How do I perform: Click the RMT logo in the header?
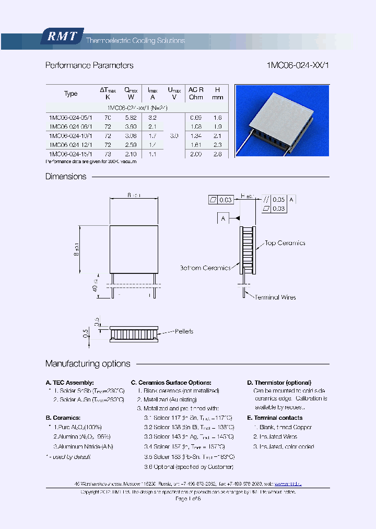tap(62, 37)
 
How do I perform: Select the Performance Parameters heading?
tap(89, 65)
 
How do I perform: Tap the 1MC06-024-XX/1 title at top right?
tap(298, 65)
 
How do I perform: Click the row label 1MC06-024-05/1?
tap(70, 118)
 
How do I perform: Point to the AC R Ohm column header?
tap(196, 94)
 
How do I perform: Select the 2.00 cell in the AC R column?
tap(196, 154)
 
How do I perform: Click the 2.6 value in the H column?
tap(218, 154)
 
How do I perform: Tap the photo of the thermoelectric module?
tap(282, 120)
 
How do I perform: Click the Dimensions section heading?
tap(66, 177)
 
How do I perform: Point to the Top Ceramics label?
tap(285, 243)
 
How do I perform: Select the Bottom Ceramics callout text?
tap(205, 268)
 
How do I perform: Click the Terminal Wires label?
tap(275, 297)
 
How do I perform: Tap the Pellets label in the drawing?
tap(184, 331)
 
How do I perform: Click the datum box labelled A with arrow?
tap(223, 218)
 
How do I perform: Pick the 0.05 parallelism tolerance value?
tap(279, 199)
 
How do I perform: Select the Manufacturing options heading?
tap(88, 364)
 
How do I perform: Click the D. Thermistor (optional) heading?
tap(279, 383)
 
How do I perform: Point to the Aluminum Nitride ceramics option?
tap(84, 446)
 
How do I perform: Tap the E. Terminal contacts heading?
tap(275, 418)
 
